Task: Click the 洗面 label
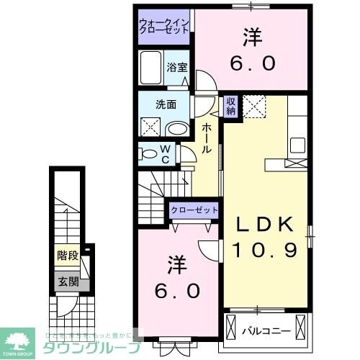(x=166, y=104)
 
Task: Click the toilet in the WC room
(x=149, y=153)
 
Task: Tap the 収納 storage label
(x=231, y=107)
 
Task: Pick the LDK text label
(x=266, y=225)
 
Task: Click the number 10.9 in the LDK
(x=266, y=250)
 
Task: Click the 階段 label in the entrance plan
(x=67, y=255)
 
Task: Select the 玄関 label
(x=67, y=282)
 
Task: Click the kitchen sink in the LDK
(x=296, y=143)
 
